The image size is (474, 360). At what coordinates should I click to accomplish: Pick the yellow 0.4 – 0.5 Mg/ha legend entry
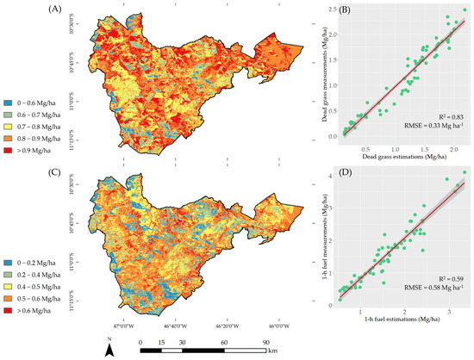[x=8, y=261]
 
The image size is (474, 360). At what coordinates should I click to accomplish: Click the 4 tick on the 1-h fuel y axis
[x=332, y=176]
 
